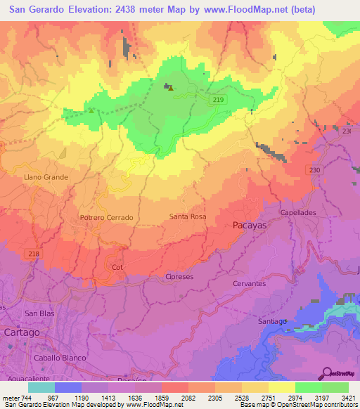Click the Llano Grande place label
tap(46, 177)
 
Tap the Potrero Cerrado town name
tap(106, 218)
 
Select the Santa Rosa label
tap(188, 217)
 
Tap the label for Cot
tap(117, 268)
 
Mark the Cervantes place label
tap(249, 283)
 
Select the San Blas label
tap(39, 313)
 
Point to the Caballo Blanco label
tap(60, 358)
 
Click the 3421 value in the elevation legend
tap(347, 397)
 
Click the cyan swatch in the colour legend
tap(41, 387)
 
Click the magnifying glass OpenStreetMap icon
tap(327, 374)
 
